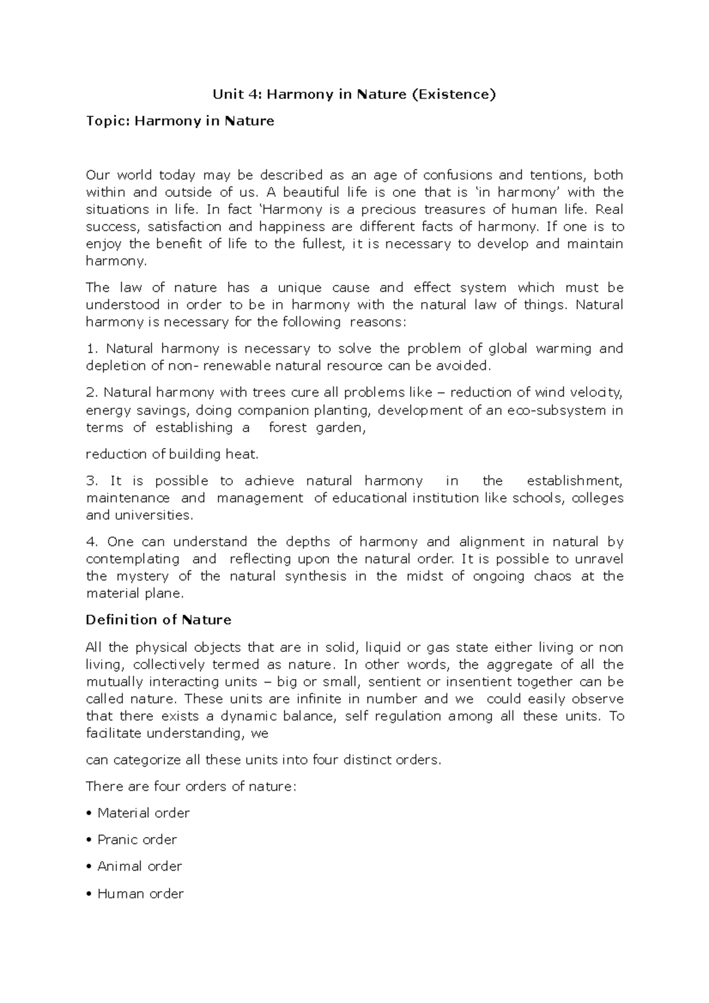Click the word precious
point(388,209)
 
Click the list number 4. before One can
point(92,542)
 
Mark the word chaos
point(552,576)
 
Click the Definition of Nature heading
point(158,620)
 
